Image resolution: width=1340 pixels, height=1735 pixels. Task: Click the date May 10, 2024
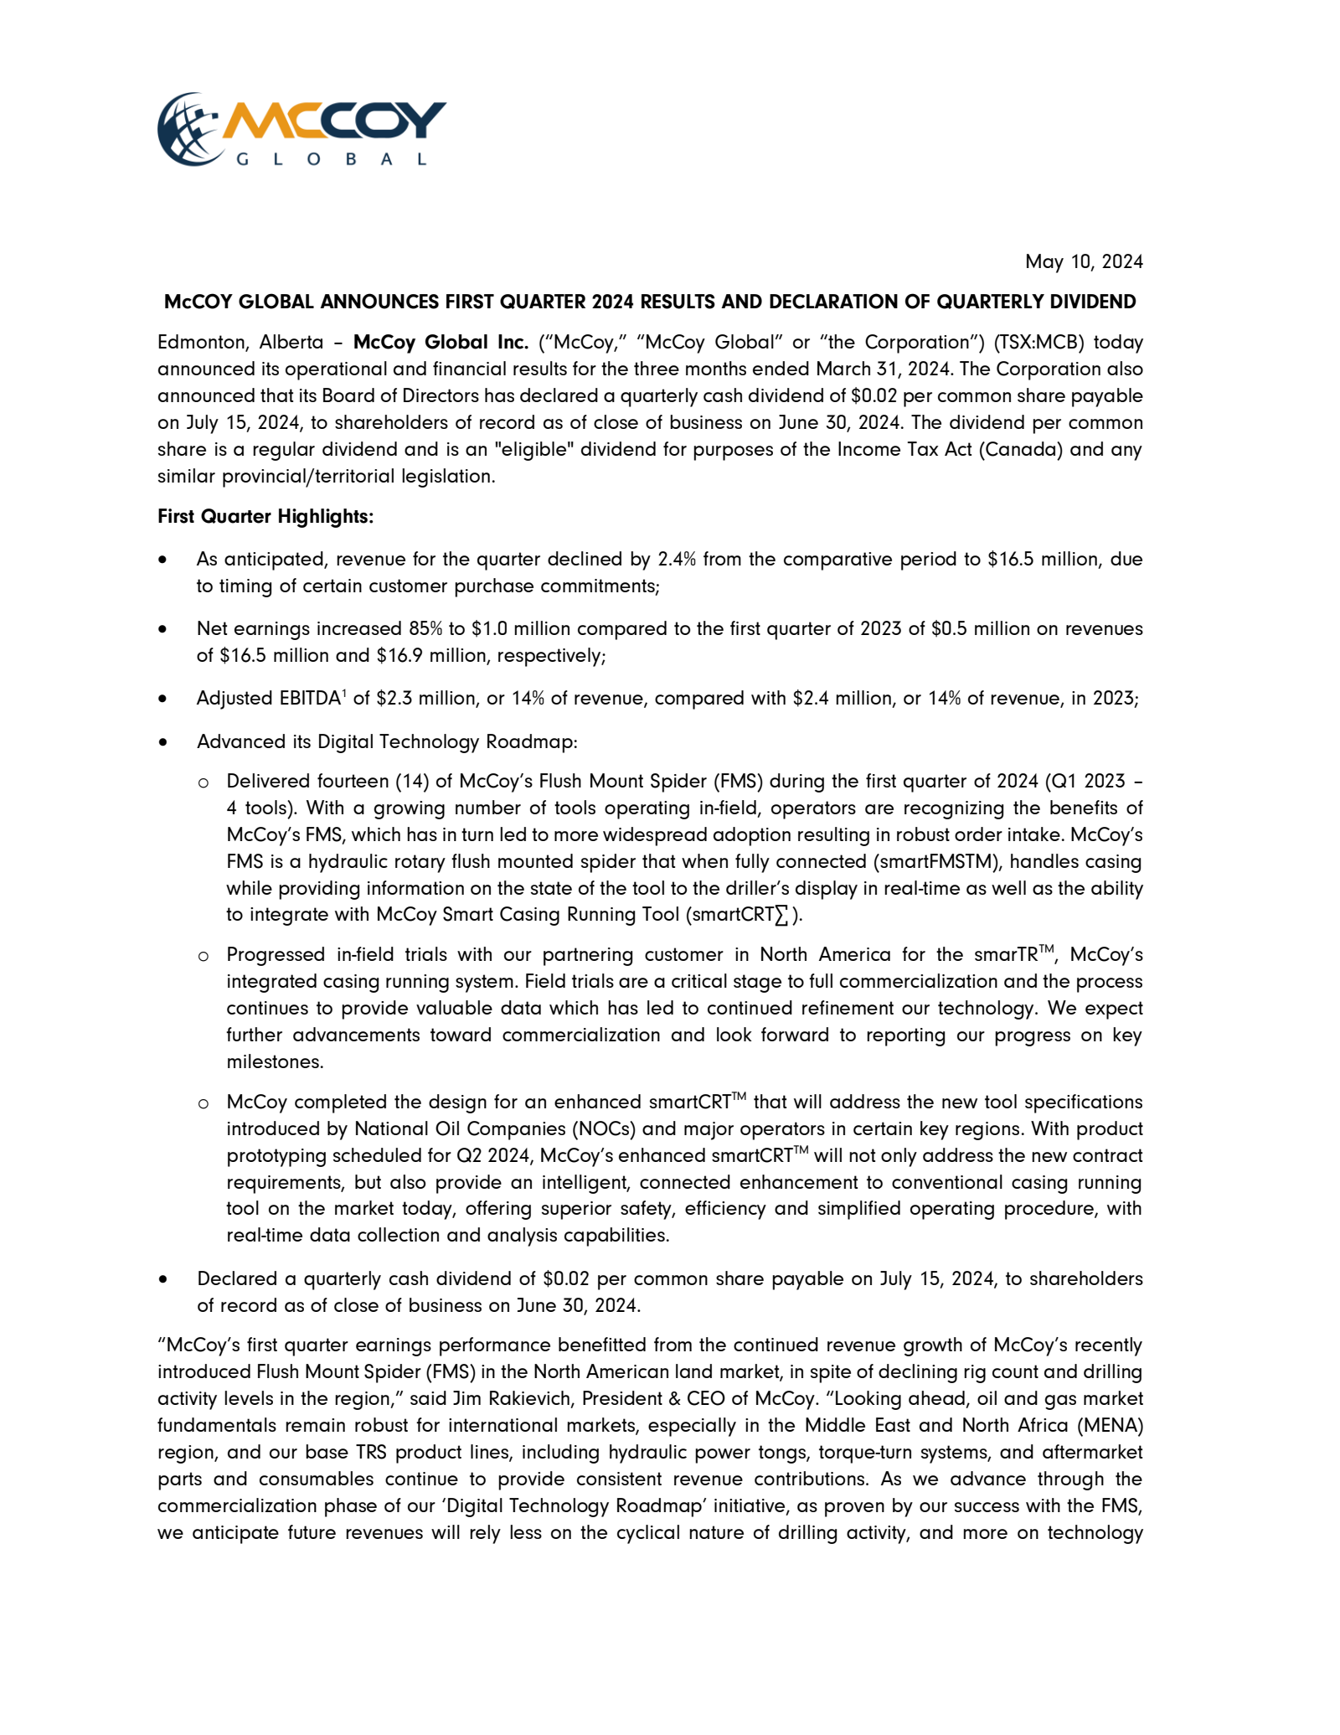1084,262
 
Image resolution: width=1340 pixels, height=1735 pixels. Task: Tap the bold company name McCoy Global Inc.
441,343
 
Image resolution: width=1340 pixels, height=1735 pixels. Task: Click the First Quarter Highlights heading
265,517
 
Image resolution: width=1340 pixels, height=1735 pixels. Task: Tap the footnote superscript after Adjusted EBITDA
344,693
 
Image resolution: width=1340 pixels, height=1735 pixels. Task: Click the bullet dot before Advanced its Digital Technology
162,742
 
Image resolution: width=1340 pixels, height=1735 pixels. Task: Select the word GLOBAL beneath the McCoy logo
332,159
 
